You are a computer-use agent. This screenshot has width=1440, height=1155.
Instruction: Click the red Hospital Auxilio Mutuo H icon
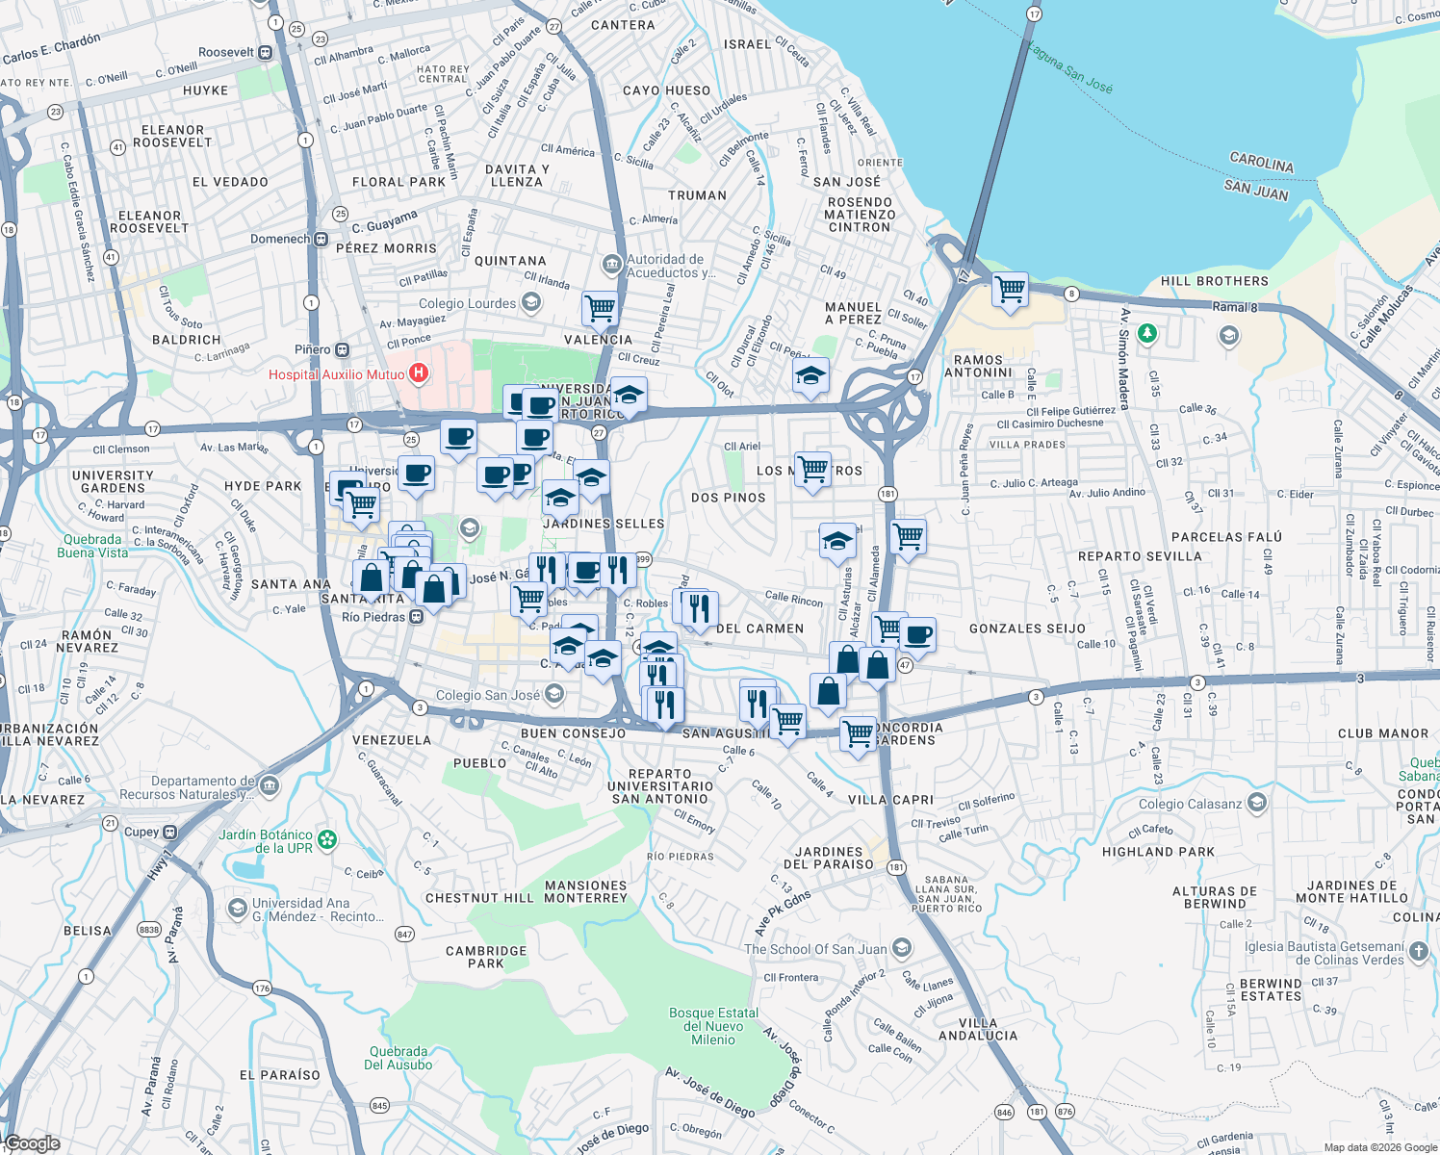click(x=419, y=372)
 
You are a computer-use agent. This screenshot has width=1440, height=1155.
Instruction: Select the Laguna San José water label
click(x=1069, y=67)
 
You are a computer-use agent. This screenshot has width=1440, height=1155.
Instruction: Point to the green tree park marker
click(x=1146, y=334)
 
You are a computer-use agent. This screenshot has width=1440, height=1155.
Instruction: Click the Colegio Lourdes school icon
click(x=530, y=303)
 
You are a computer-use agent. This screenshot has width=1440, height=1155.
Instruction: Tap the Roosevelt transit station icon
click(x=266, y=53)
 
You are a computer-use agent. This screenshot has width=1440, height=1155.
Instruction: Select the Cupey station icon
click(x=170, y=832)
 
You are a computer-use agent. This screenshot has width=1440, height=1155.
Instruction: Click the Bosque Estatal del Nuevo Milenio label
click(x=713, y=1026)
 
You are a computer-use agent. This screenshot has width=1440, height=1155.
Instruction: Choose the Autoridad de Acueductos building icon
click(x=611, y=264)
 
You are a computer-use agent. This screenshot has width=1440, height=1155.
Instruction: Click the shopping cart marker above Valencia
click(x=600, y=308)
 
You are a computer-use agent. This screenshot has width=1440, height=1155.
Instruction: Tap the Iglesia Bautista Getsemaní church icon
click(x=1420, y=953)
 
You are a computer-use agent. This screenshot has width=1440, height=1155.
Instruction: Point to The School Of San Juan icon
click(x=902, y=949)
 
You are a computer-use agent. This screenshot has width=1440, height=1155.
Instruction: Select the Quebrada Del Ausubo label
click(x=398, y=1058)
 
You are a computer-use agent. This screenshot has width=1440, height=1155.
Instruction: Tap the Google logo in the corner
click(x=33, y=1142)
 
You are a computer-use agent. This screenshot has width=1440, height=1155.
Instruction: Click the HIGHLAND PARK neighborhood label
click(x=1158, y=852)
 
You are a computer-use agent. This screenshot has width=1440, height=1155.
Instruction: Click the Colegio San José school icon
click(x=553, y=694)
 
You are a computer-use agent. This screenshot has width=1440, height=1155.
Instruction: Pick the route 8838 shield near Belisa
click(x=149, y=930)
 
